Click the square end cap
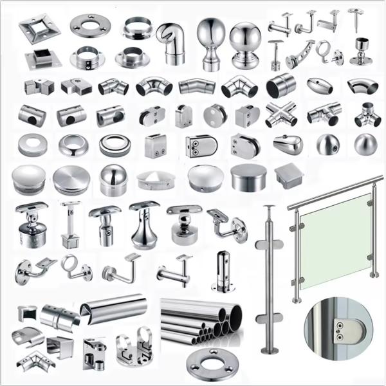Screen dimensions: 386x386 coord(287,174)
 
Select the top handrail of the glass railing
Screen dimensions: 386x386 coord(335,192)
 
